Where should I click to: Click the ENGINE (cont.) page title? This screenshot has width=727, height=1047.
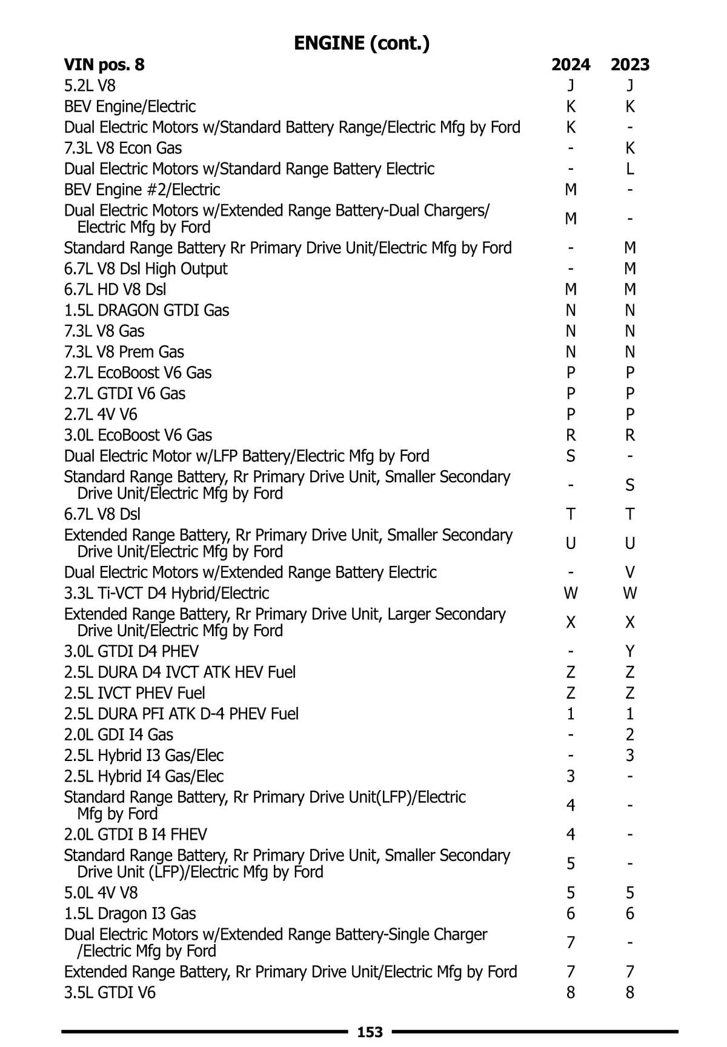tap(362, 43)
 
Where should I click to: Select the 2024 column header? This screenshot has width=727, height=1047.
tap(570, 64)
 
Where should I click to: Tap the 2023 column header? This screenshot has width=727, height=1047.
tap(630, 64)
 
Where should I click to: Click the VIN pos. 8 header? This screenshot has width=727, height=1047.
tap(104, 64)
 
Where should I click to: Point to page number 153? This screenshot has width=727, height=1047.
tap(370, 1032)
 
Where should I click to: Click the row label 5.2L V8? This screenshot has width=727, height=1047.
tap(90, 85)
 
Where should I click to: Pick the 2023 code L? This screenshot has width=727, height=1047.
tap(630, 168)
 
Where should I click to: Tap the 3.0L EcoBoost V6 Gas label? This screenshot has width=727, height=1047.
tap(138, 435)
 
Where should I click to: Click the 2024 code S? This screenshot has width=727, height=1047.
tap(570, 456)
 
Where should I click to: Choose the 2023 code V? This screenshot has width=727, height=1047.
tap(630, 572)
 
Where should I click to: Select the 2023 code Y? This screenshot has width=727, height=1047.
tap(630, 651)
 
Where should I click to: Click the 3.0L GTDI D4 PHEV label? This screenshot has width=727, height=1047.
tap(131, 651)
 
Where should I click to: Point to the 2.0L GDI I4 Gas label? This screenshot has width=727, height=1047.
tap(119, 734)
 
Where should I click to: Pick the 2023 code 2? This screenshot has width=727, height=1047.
tap(630, 734)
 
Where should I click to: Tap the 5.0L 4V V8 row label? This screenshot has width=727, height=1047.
tap(101, 892)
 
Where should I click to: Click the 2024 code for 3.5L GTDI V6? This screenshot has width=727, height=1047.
tap(570, 992)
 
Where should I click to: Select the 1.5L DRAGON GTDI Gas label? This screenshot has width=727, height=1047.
tap(147, 310)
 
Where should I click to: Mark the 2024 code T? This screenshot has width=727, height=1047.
tap(570, 514)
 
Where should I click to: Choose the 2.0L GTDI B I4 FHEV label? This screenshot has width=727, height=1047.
tap(135, 834)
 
